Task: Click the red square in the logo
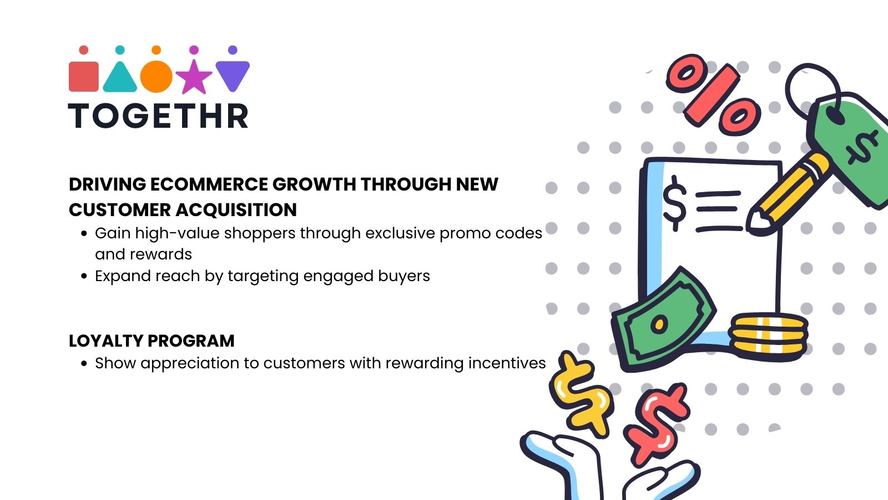coord(83,76)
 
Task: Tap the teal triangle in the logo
coord(120,78)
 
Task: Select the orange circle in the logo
coord(156,77)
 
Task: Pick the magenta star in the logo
coord(194,77)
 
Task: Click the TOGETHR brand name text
coord(159,117)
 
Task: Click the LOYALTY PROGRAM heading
coord(152,341)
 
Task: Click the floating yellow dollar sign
coord(580,392)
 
